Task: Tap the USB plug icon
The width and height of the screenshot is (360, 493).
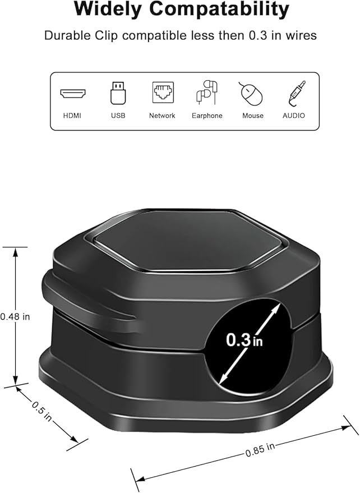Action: coord(118,93)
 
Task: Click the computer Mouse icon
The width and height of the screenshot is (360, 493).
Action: coord(252,93)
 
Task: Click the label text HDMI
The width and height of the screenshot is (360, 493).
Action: coord(73,116)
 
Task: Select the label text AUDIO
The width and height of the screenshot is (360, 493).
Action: coord(294,116)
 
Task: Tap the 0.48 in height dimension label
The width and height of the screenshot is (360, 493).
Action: coord(15,316)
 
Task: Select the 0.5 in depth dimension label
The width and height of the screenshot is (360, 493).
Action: coord(40,411)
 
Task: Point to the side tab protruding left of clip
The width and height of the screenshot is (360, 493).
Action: coord(84,300)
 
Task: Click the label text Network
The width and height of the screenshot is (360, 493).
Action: coord(162,116)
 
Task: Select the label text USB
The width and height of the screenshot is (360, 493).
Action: coord(118,116)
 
